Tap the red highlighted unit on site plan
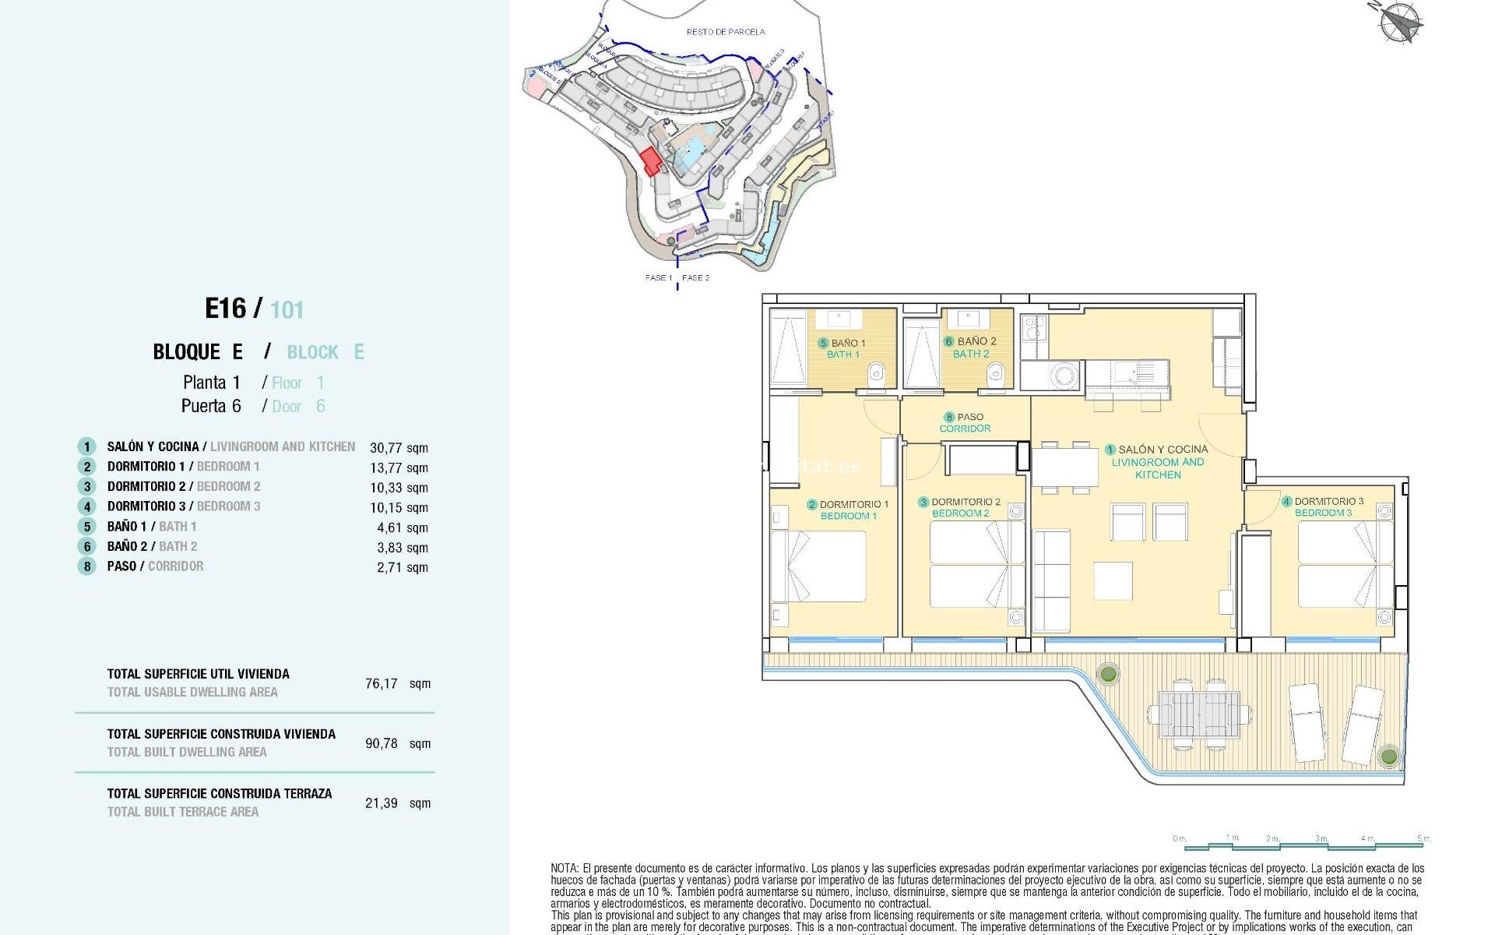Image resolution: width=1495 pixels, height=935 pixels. tap(650, 161)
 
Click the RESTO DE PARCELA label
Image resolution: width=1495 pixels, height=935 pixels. tap(725, 32)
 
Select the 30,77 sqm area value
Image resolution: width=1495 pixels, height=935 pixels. tap(399, 448)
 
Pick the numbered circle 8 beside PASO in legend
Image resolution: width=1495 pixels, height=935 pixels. tap(87, 566)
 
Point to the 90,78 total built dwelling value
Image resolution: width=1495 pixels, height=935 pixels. tap(382, 743)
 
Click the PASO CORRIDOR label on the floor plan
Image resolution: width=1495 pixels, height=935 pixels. tap(965, 422)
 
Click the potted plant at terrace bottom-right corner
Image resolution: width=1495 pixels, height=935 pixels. tap(1388, 755)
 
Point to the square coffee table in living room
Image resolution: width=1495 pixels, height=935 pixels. tap(1113, 580)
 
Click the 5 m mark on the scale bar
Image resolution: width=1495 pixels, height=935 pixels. tap(1423, 838)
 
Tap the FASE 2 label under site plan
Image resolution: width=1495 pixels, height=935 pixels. tap(695, 277)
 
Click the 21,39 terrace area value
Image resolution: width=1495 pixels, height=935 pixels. tap(382, 803)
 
